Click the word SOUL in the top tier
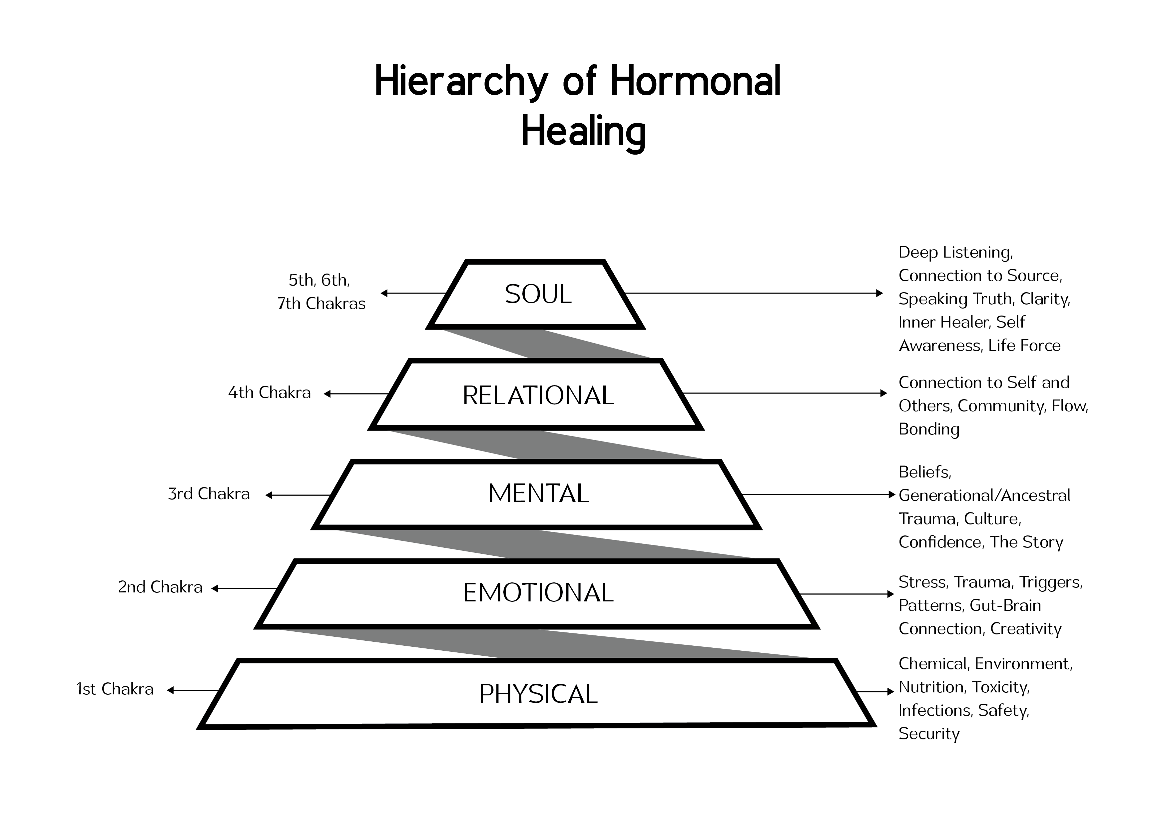(x=538, y=294)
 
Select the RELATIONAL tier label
(x=538, y=396)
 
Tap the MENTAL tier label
(x=538, y=493)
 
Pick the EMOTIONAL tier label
(x=538, y=593)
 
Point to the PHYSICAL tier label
(x=538, y=694)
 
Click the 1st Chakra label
(x=115, y=689)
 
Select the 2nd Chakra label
(x=160, y=587)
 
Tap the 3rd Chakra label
(x=209, y=494)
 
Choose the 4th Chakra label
(x=269, y=393)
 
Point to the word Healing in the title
(x=583, y=132)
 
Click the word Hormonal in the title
(x=696, y=81)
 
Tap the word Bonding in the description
(x=929, y=429)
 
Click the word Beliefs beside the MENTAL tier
(x=924, y=472)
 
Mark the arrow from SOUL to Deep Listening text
(x=754, y=293)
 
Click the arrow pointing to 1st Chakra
(x=194, y=690)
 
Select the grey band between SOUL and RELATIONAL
(x=545, y=344)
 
